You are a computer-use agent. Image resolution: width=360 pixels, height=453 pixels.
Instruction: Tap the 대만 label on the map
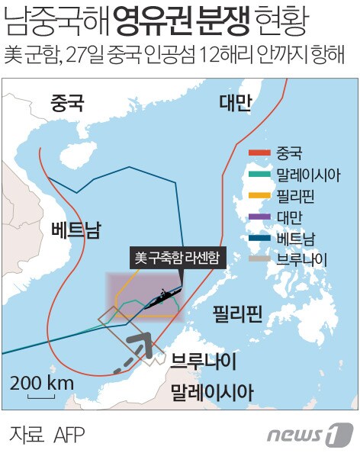(x=234, y=104)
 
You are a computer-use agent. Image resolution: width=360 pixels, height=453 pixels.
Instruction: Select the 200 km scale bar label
(x=42, y=381)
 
